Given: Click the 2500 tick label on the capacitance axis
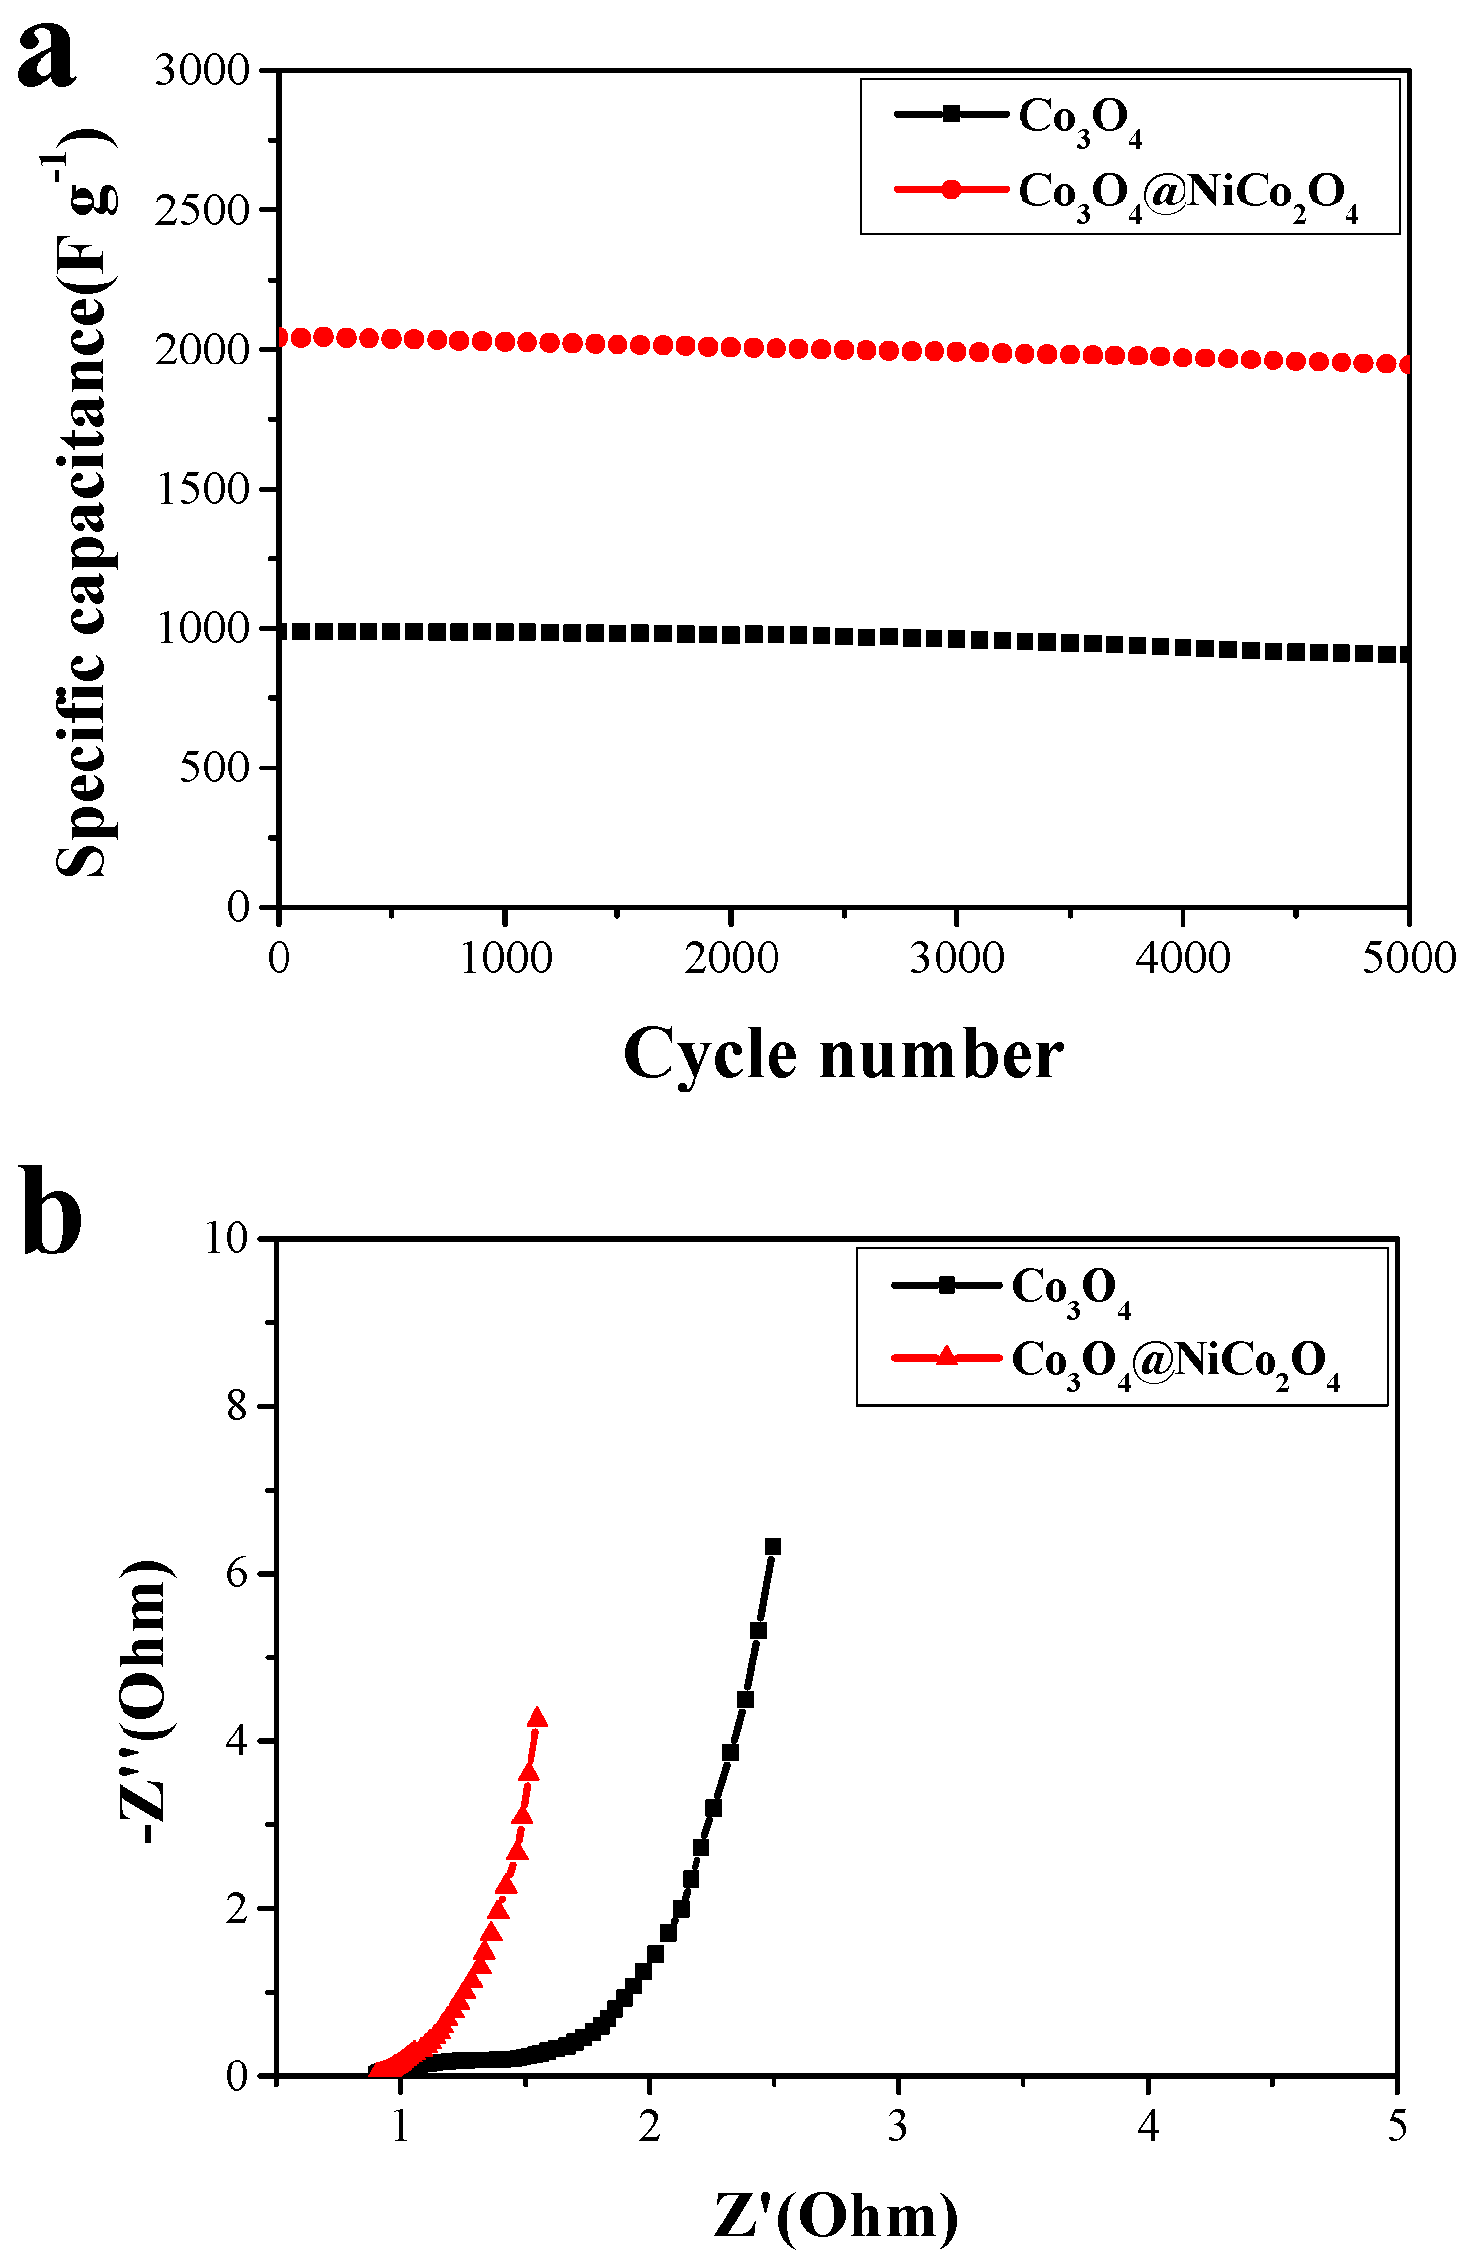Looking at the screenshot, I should point(203,210).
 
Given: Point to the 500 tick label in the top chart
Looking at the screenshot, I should point(214,768).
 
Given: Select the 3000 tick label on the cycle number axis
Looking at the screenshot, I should point(956,958).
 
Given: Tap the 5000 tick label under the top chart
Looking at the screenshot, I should point(1408,958).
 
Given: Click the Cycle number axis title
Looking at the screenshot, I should point(843,1055).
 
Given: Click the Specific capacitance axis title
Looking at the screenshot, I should point(83,504).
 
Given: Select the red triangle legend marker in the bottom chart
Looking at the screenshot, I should point(946,1357).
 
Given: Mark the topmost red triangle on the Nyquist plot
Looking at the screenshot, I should point(537,1717).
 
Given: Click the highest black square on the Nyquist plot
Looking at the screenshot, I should point(773,1547).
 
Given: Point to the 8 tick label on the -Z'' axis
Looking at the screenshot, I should point(237,1407).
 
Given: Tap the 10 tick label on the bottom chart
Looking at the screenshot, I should point(227,1238).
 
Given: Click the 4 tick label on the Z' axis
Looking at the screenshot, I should point(1147,2127).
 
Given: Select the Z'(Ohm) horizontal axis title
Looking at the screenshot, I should point(836,2216).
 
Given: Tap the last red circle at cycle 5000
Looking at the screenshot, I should point(1407,364).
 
